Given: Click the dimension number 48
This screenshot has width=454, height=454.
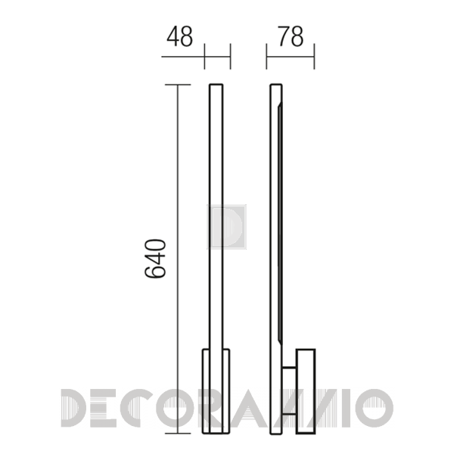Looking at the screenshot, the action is click(x=179, y=36).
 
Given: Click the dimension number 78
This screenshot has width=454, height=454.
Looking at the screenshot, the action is click(x=291, y=36).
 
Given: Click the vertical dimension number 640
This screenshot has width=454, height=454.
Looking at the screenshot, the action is click(x=155, y=259).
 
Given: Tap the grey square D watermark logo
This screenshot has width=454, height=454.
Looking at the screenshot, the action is click(x=226, y=227).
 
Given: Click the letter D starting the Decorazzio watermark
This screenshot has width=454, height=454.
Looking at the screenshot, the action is click(x=73, y=409).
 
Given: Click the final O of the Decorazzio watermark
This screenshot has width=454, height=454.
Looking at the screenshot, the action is click(x=375, y=409).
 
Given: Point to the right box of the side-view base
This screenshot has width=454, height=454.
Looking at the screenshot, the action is click(x=306, y=391).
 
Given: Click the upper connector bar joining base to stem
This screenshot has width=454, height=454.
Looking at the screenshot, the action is click(x=289, y=368).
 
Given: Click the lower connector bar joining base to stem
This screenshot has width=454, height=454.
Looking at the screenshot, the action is click(x=289, y=415).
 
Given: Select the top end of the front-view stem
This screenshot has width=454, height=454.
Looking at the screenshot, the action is click(x=216, y=85).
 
